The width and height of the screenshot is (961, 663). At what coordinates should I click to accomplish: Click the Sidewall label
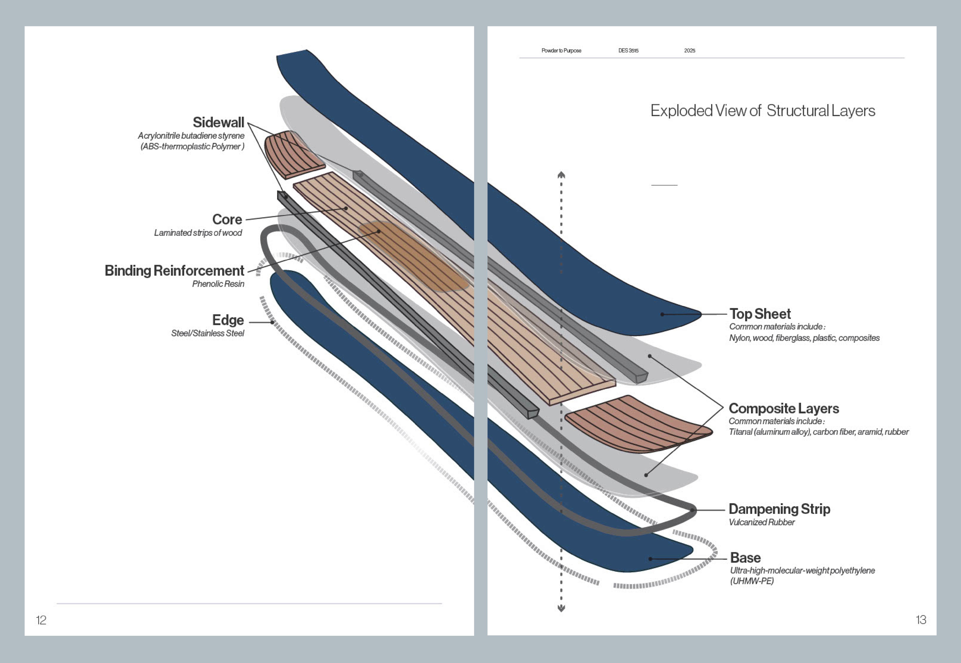click(x=218, y=122)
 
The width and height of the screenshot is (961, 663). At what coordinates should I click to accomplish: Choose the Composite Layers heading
click(x=784, y=408)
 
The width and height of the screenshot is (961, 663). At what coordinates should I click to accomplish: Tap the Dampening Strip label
click(x=779, y=509)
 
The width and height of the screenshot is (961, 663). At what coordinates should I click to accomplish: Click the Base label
click(x=745, y=557)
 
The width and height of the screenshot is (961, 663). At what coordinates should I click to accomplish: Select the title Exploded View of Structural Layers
click(x=763, y=111)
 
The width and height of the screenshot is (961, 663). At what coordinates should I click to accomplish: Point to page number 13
click(x=921, y=620)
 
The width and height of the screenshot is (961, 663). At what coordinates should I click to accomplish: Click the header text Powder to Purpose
click(x=561, y=51)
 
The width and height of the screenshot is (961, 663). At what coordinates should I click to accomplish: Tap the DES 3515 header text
click(x=628, y=51)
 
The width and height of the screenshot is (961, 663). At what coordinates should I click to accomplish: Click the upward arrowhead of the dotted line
click(x=561, y=175)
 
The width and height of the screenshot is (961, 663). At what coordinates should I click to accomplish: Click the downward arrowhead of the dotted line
click(x=561, y=609)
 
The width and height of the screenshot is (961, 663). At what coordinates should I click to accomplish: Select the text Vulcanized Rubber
click(x=762, y=522)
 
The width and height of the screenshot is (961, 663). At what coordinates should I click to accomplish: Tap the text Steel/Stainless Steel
click(x=207, y=333)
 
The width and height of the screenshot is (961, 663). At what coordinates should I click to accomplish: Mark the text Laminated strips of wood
click(x=198, y=233)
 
